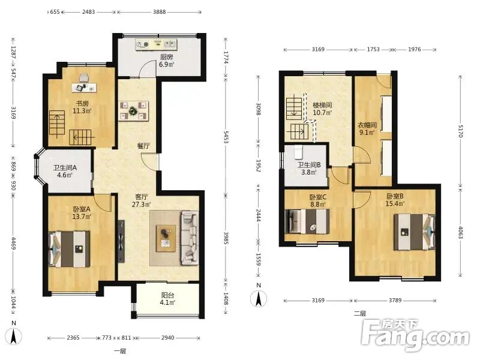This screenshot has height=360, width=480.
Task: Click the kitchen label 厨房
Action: pos(167,57)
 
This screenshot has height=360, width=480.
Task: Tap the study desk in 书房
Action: pos(84,88)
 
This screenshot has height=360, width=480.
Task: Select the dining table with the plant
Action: pos(134,111)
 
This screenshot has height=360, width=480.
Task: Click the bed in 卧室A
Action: pos(69,249)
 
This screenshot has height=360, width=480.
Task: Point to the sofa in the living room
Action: pos(190,238)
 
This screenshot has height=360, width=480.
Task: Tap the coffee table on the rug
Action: pos(166,238)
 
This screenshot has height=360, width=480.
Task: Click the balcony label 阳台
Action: pos(167,295)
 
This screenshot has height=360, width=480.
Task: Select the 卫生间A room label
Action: pos(65,168)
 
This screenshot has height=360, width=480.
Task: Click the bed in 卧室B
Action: pos(414,232)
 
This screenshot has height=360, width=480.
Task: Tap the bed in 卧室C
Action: pos(307,221)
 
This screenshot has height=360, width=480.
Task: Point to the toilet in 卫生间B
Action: pos(298,152)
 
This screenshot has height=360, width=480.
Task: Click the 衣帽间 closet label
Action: pos(367,125)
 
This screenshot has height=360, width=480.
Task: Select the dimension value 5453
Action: pos(226,137)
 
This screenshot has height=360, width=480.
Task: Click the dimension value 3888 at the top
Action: pos(159,12)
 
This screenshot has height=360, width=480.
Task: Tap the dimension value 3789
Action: pos(395,301)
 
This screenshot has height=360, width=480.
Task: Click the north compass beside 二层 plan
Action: pos(259,298)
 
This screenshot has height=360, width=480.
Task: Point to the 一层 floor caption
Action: pos(120,351)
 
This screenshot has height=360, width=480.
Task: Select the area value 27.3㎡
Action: pos(141,204)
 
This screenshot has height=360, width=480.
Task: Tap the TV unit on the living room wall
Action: pos(122,241)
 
